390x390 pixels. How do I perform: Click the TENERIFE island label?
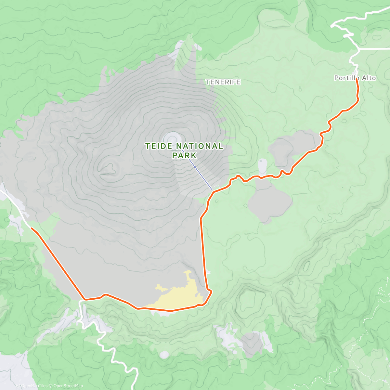223,82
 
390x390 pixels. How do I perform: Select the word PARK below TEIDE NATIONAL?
184,155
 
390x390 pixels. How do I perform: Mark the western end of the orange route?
32,228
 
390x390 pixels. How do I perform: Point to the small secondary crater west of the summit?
109,169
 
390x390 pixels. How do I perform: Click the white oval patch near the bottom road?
164,355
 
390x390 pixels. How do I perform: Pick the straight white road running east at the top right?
374,49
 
